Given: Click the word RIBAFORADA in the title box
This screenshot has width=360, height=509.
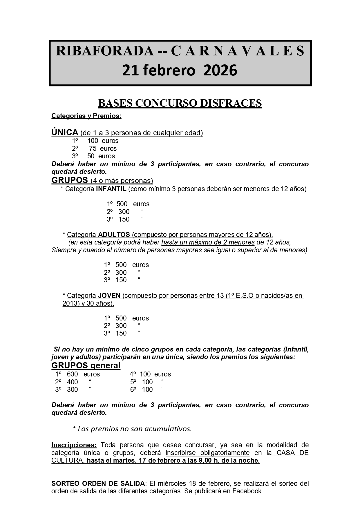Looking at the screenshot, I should click(x=105, y=51).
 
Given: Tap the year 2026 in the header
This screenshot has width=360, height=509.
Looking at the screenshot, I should click(x=220, y=70).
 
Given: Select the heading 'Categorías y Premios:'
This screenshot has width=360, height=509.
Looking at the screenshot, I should click(x=86, y=116).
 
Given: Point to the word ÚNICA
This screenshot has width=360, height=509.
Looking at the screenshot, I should click(x=65, y=133).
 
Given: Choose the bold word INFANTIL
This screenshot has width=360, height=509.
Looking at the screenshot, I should click(x=111, y=189).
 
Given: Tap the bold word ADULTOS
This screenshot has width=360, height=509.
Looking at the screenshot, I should click(x=114, y=234).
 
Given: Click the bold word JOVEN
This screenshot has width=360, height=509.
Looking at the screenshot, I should click(x=109, y=296).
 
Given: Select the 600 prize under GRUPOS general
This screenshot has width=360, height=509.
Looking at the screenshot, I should click(x=72, y=374).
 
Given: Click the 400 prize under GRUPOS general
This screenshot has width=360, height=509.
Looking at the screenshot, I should click(x=72, y=382).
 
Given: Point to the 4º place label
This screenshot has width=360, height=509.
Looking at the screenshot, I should click(x=133, y=374).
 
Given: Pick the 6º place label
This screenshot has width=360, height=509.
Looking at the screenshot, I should click(x=133, y=390).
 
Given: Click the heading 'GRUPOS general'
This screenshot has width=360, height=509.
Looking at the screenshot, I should click(x=86, y=365).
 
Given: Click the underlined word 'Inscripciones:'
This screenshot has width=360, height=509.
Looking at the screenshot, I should click(x=74, y=445).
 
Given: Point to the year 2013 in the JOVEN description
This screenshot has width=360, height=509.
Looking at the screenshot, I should click(x=69, y=303).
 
